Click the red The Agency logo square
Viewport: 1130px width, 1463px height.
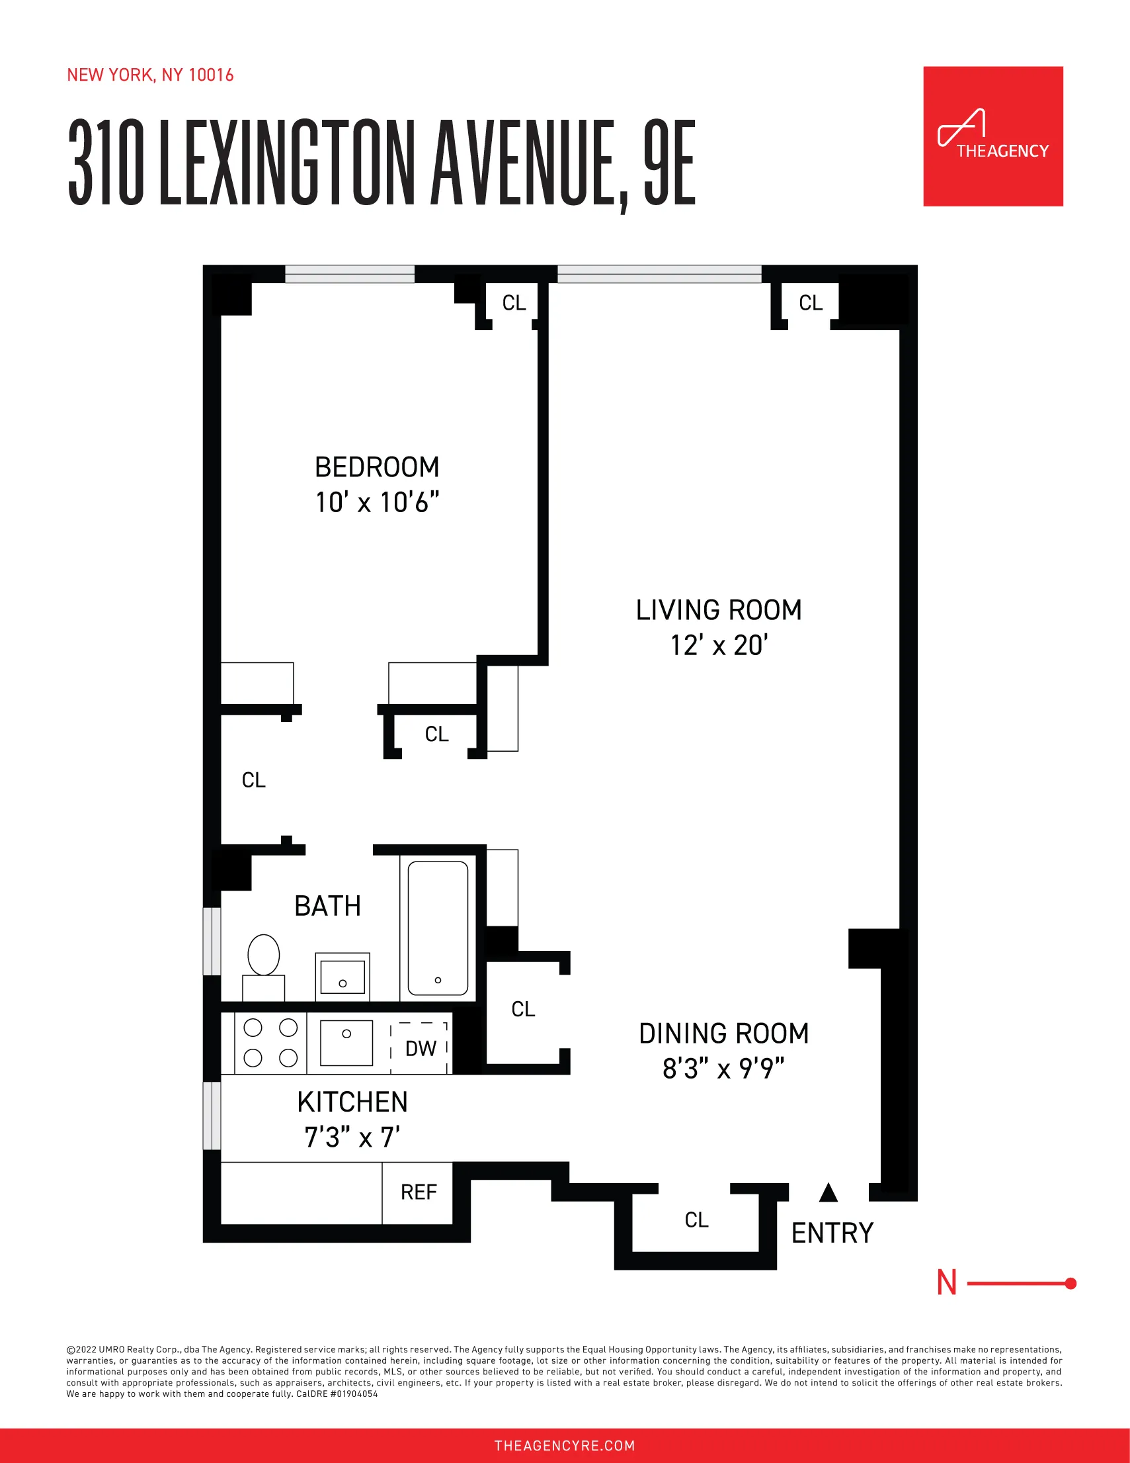[992, 136]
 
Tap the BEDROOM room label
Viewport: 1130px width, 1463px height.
[377, 467]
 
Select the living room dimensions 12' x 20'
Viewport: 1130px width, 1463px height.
[719, 646]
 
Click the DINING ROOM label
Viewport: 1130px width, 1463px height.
[723, 1033]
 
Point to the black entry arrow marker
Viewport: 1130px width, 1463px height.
[828, 1192]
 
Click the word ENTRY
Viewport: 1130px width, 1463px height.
[832, 1233]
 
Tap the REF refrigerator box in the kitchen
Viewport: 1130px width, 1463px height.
[418, 1192]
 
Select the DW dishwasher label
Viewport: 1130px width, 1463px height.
[421, 1048]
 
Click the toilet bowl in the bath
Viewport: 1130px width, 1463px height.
[264, 954]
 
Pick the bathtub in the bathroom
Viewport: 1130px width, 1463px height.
[438, 928]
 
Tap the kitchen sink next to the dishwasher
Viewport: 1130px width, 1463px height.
[346, 1042]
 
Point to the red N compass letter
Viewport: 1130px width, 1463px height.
[947, 1283]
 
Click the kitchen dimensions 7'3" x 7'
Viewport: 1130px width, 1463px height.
[352, 1137]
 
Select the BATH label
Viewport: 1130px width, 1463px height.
[327, 906]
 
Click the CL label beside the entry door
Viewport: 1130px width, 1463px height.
[696, 1220]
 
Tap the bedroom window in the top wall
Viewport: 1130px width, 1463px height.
[349, 274]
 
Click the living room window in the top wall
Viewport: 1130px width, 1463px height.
[659, 274]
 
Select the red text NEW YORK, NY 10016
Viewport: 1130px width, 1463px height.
[150, 75]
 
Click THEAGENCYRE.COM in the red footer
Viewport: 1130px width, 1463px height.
[564, 1446]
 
